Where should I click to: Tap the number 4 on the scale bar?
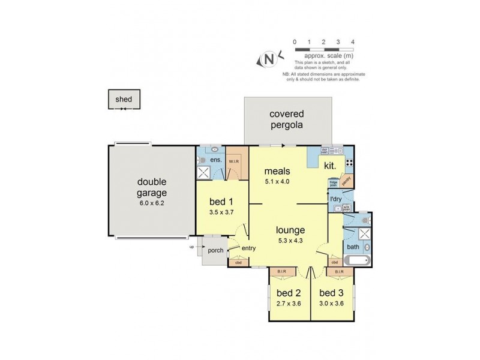[353, 42]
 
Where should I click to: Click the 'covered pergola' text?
[286, 119]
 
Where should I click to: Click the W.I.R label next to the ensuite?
[234, 160]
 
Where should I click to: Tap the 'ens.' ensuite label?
[216, 161]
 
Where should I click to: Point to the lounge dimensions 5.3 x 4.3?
[290, 240]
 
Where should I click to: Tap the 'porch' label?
[215, 251]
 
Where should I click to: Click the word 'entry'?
[249, 248]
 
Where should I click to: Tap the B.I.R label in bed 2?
[281, 271]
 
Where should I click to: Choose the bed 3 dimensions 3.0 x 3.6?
[331, 304]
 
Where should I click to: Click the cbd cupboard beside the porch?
[238, 262]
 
